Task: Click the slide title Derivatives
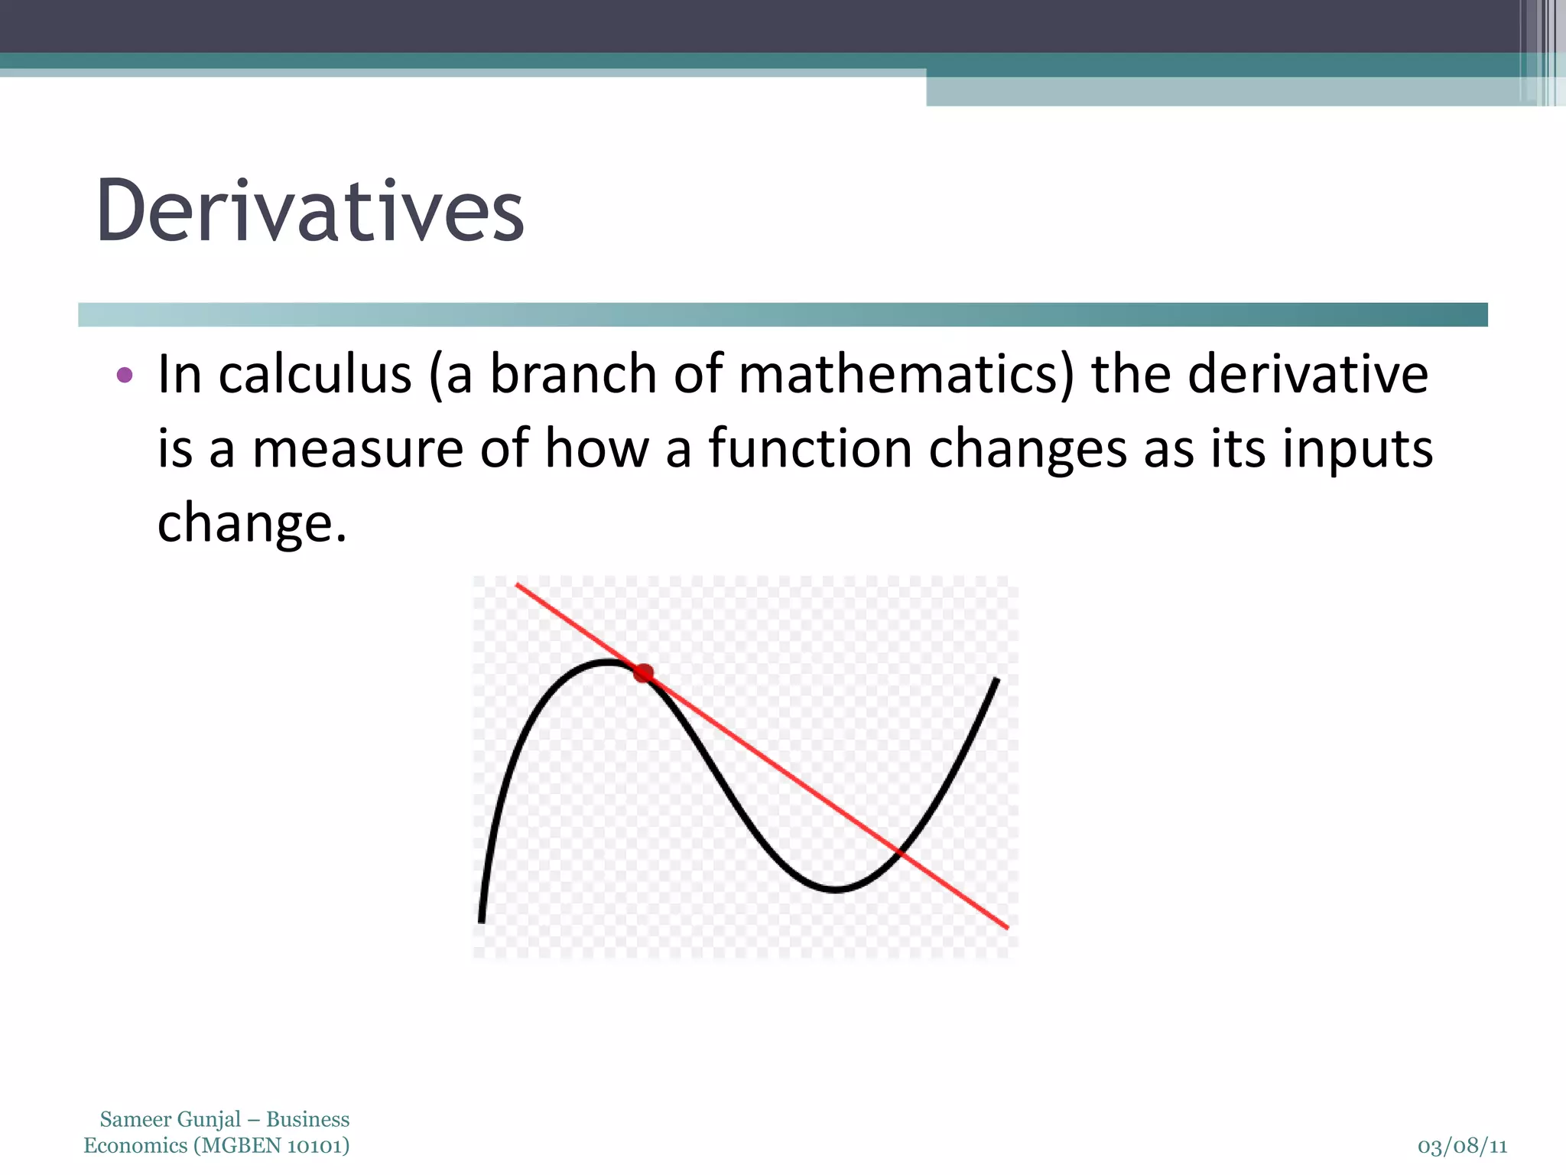coord(310,210)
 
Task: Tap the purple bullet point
coord(125,376)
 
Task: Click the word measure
coord(358,449)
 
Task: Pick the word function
coord(810,449)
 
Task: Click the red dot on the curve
coord(644,673)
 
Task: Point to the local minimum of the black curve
coord(836,889)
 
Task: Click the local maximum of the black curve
coord(608,662)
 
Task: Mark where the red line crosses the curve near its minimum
coord(901,851)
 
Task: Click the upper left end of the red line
coord(518,585)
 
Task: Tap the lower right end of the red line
coord(1007,927)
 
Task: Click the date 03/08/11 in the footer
coord(1462,1147)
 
